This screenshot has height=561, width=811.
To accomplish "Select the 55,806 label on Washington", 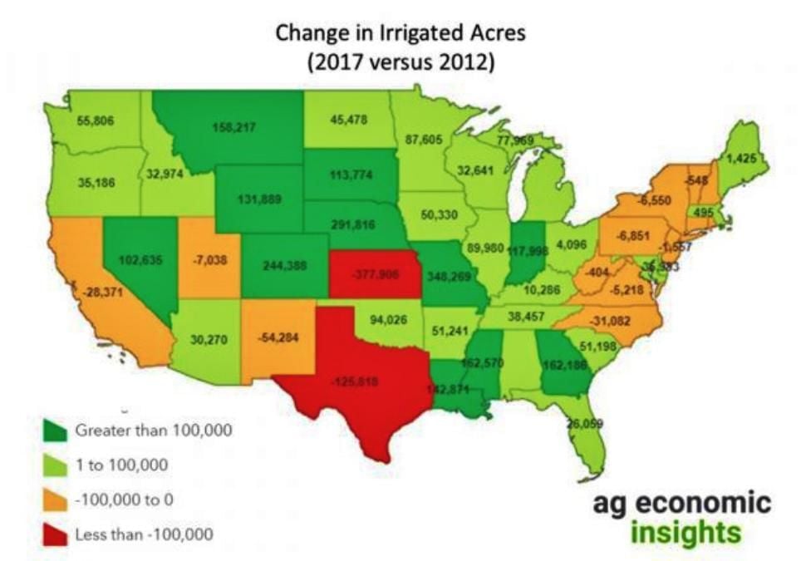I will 95,121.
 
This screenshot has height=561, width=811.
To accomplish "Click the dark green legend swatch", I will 55,431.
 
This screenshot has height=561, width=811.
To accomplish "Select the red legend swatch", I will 55,534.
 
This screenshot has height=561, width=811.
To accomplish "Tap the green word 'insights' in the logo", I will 685,530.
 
